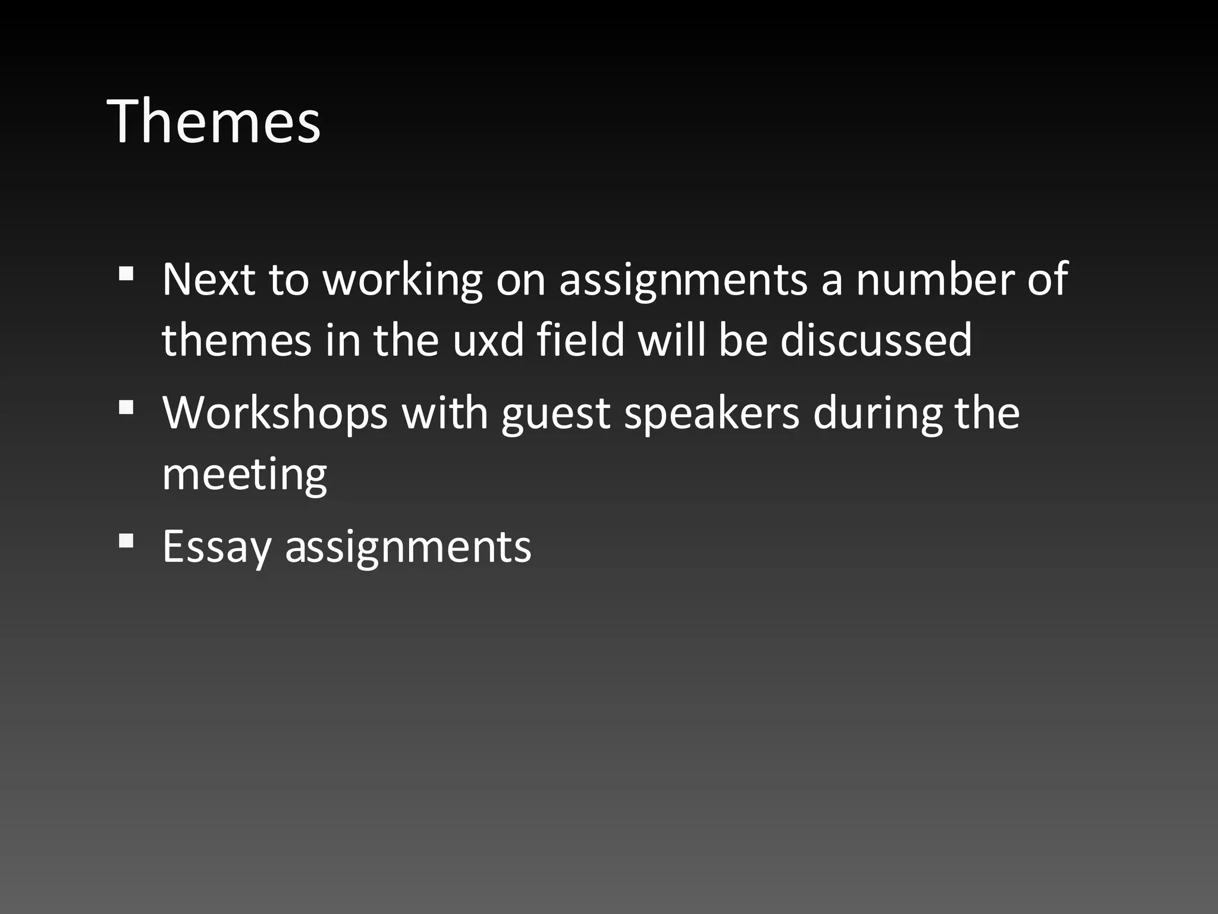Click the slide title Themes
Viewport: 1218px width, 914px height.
[x=214, y=121]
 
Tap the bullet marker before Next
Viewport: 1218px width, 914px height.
[x=125, y=274]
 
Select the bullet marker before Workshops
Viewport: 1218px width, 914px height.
[x=125, y=408]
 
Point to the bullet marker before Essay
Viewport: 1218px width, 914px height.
[x=125, y=541]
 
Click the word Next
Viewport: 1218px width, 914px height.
[x=208, y=279]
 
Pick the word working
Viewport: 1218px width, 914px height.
[x=403, y=280]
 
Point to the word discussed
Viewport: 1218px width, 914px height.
[x=875, y=340]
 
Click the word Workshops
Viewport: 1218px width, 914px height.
[x=275, y=413]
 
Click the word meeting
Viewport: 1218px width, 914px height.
[x=244, y=475]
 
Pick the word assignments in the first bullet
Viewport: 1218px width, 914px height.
[x=683, y=280]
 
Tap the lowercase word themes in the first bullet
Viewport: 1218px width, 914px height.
[x=236, y=340]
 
